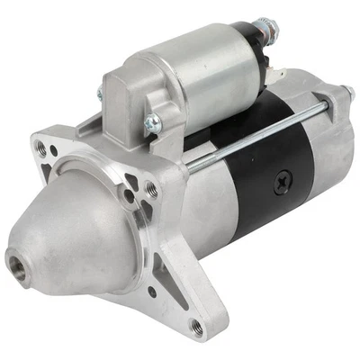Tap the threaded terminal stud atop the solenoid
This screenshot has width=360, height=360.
[267, 28]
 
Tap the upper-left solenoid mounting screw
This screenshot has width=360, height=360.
[101, 93]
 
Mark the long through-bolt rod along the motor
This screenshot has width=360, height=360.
[261, 135]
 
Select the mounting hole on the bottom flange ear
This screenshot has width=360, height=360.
[195, 327]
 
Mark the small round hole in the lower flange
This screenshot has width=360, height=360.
[151, 290]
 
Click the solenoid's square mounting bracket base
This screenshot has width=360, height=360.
[126, 103]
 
